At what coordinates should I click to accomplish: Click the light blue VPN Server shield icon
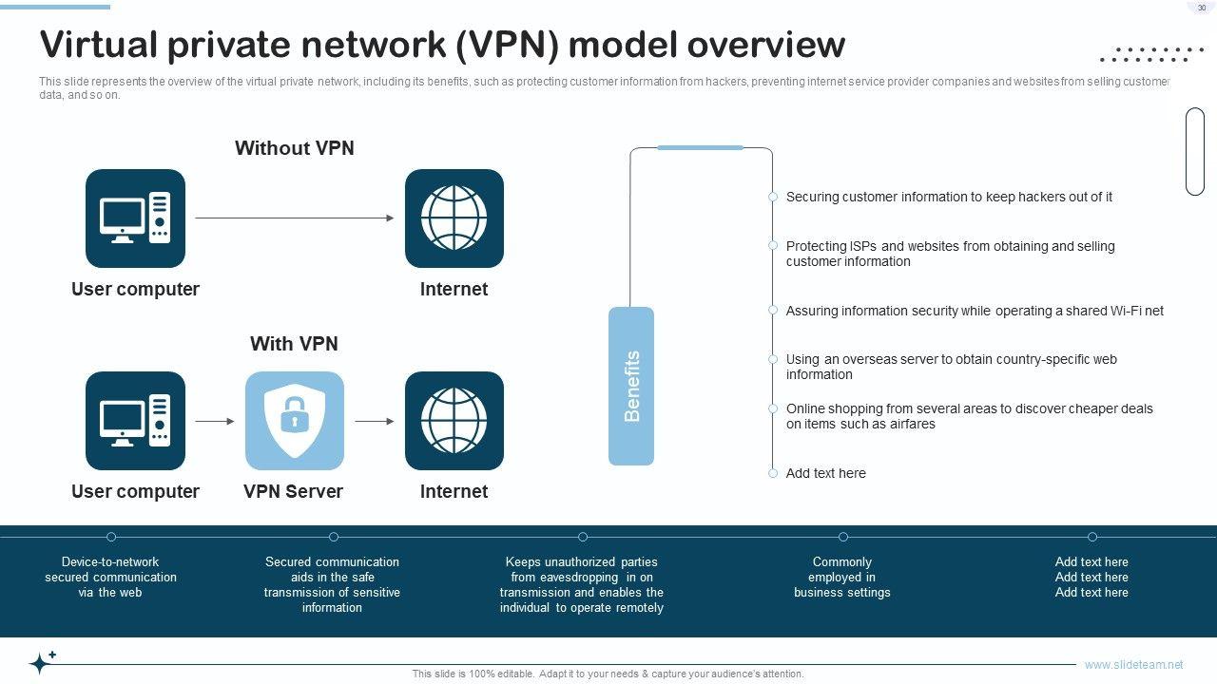pos(295,421)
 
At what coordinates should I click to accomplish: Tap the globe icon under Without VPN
pos(454,218)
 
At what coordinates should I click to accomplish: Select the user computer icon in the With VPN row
pos(135,421)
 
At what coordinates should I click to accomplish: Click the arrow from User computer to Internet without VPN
pos(295,218)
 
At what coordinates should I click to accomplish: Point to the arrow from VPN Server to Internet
pos(375,421)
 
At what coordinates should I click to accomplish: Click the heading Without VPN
pos(295,148)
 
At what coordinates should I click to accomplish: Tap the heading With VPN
pos(294,344)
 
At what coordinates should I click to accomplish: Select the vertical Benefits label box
pos(631,386)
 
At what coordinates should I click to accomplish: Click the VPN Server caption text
pos(293,491)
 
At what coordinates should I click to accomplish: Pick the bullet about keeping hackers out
pos(949,197)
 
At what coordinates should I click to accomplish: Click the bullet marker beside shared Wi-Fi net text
pos(773,310)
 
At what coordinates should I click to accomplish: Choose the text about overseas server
pos(951,367)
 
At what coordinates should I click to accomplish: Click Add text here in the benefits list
pos(825,473)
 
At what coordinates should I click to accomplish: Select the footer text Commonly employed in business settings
pos(842,577)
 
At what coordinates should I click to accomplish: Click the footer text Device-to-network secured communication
pos(110,577)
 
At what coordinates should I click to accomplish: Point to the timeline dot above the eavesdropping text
pos(583,537)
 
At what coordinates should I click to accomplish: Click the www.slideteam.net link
pos(1133,665)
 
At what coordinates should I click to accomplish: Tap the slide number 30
pos(1202,8)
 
